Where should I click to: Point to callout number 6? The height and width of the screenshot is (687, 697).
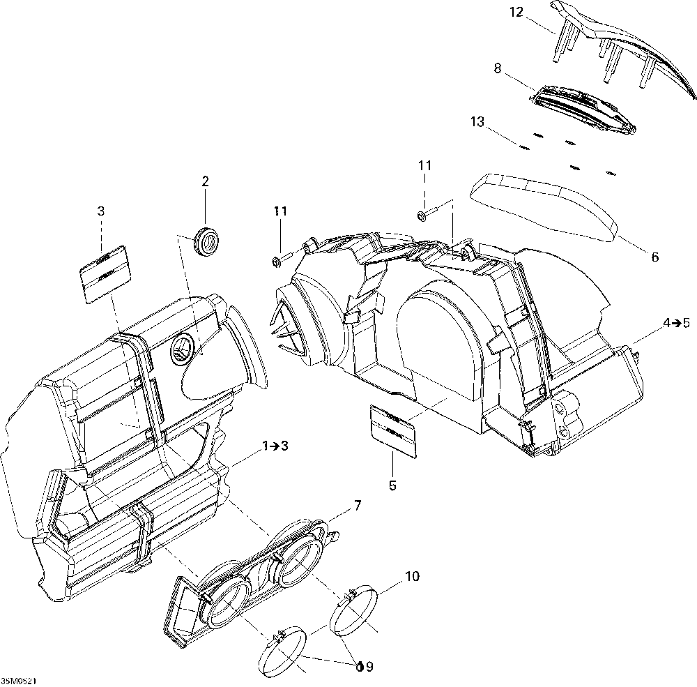[654, 257]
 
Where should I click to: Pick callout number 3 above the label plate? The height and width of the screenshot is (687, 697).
[101, 211]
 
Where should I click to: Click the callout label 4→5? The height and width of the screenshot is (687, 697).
[676, 323]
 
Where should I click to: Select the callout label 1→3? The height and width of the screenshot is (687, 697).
[275, 446]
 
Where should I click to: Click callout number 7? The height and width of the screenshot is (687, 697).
[358, 506]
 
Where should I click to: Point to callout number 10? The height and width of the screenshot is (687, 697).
[412, 576]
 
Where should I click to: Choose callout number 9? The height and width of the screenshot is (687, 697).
[369, 667]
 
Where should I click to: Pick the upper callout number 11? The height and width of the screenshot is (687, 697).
[424, 166]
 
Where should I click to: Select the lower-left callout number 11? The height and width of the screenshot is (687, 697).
[280, 211]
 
